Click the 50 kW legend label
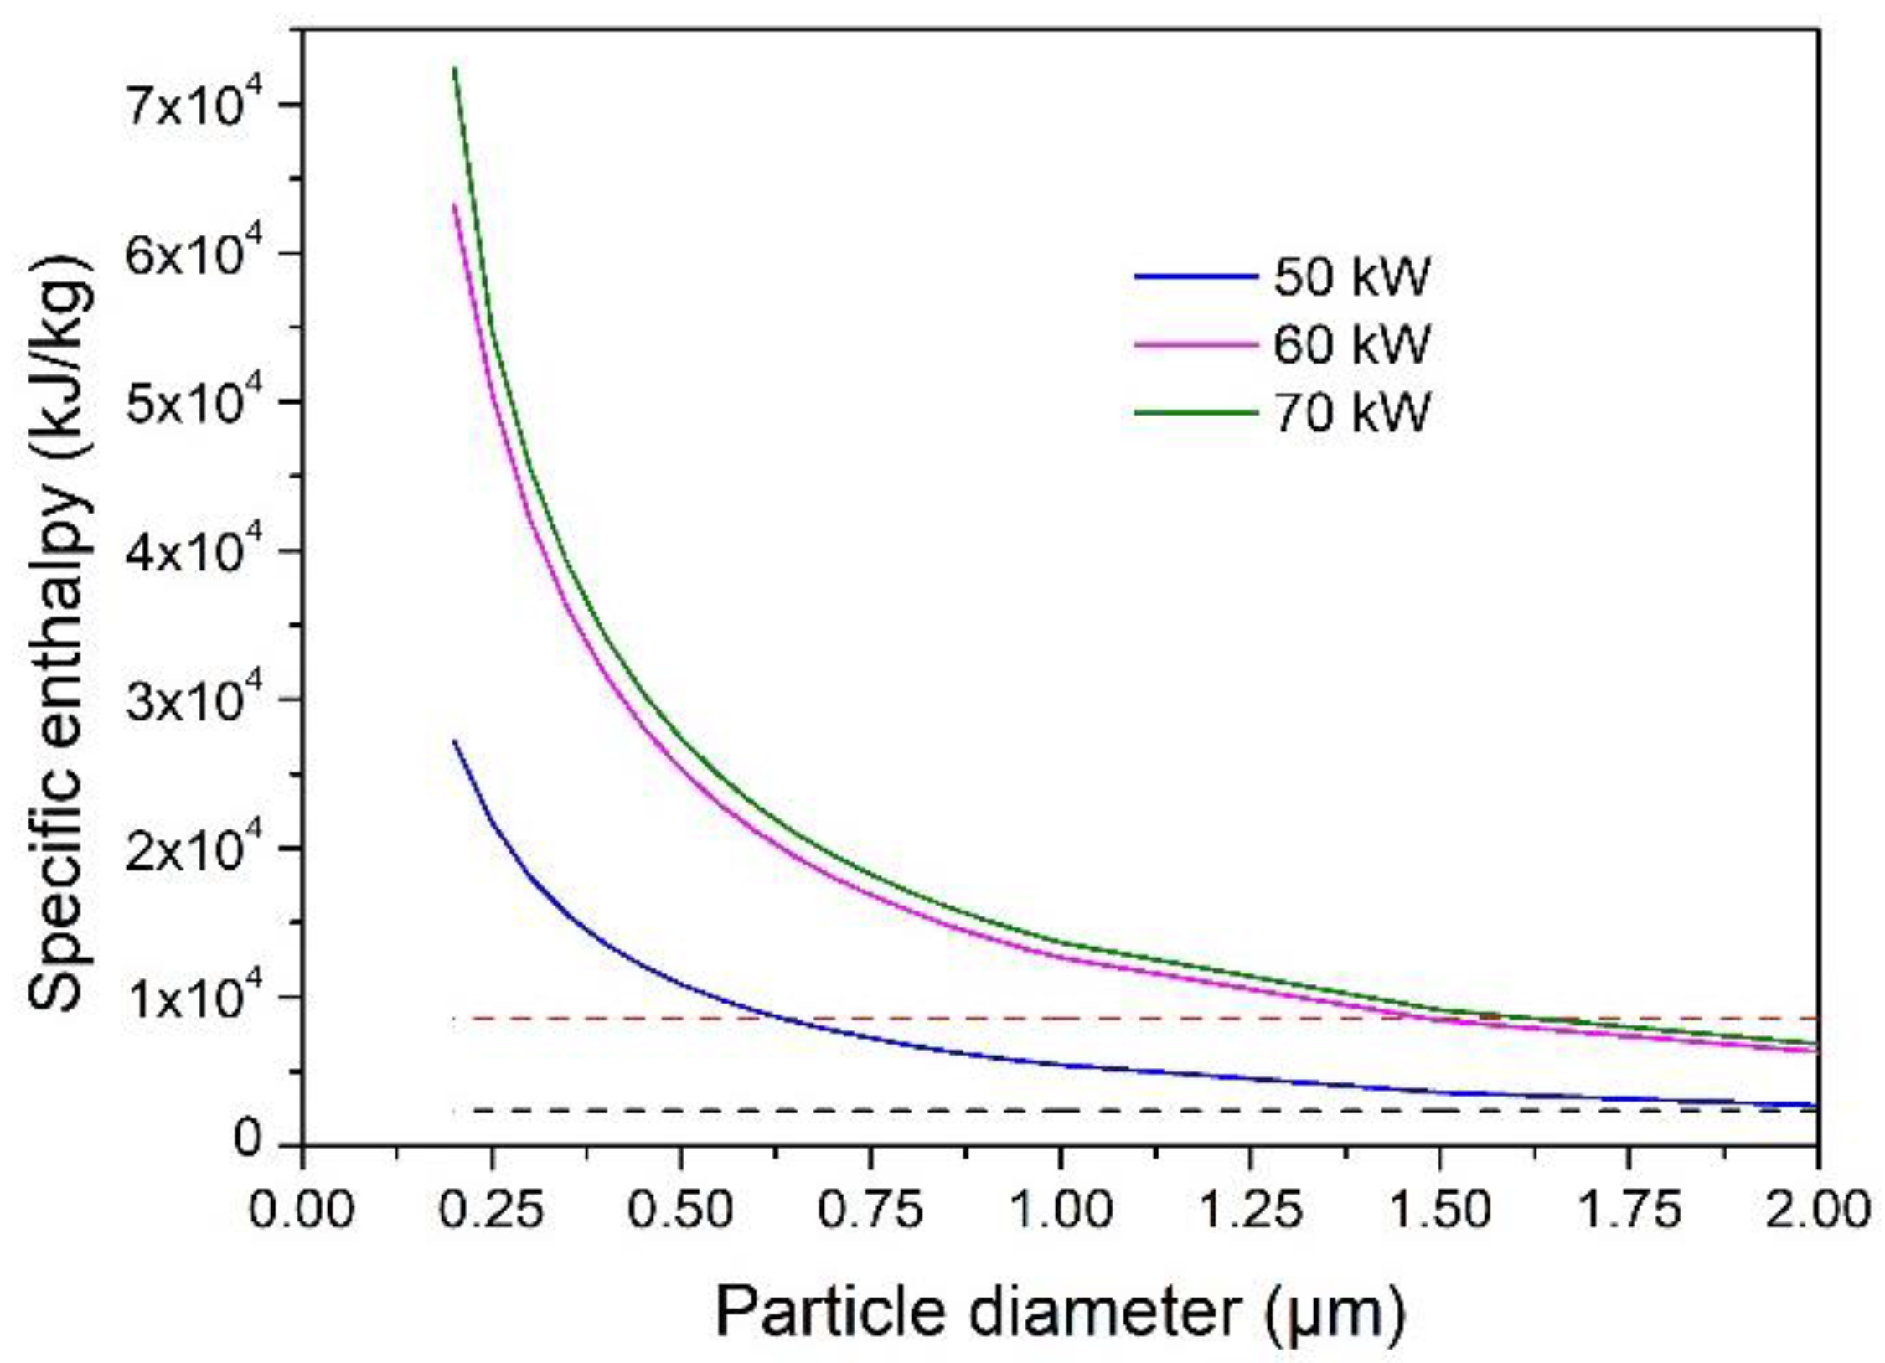click(x=1350, y=276)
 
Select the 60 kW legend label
click(x=1350, y=344)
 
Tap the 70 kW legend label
click(x=1350, y=412)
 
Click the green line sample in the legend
click(x=1196, y=412)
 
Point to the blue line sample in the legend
click(x=1196, y=276)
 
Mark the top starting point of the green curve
click(x=454, y=69)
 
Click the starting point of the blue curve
click(x=454, y=741)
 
